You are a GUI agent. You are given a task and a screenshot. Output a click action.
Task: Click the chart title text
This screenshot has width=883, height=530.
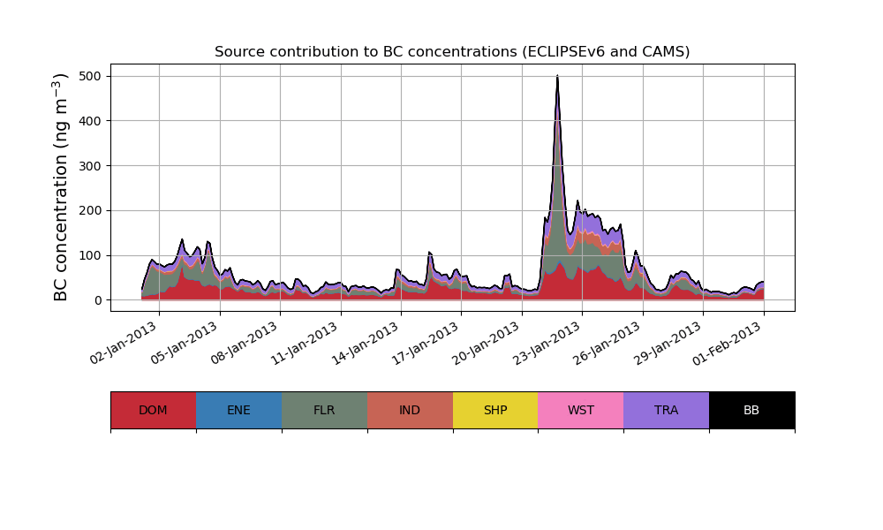(452, 52)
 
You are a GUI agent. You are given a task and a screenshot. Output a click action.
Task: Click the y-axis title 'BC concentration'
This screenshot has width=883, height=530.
(61, 187)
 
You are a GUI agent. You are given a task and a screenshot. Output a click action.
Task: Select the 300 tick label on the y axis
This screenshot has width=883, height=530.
(91, 166)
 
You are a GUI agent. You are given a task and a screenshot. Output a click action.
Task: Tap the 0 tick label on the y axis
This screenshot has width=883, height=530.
(99, 300)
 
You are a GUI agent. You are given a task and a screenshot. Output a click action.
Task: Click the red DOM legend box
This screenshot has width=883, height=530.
(153, 410)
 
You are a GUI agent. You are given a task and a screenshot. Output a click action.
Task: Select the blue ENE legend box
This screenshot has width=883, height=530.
(238, 410)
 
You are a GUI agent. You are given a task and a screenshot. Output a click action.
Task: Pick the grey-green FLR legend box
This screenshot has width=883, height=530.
(324, 410)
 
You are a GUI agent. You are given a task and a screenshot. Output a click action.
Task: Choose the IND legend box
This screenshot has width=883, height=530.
(410, 410)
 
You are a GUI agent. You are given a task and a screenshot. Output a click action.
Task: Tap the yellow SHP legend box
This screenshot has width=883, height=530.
(495, 410)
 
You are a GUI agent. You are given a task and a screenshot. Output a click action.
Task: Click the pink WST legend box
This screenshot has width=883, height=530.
(581, 410)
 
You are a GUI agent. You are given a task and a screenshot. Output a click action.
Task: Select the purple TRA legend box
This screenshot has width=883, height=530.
(667, 410)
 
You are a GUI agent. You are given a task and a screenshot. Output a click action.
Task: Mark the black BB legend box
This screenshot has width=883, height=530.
(751, 410)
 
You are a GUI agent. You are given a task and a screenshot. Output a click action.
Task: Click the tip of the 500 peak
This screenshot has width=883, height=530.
(557, 77)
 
